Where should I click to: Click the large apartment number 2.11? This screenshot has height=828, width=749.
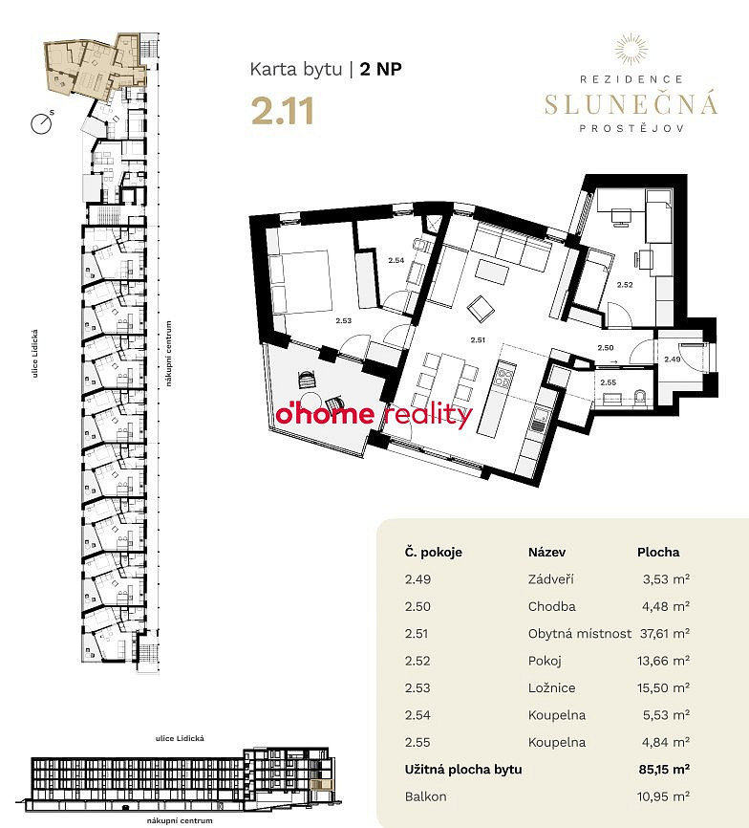283,112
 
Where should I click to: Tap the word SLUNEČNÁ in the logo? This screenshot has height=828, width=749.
631,103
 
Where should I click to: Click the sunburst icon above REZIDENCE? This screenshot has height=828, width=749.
631,49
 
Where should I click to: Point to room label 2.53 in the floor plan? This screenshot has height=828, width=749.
343,320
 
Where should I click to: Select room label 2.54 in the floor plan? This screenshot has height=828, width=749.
396,260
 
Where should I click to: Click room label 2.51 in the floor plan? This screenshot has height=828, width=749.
478,340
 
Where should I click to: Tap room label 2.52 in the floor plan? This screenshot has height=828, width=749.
625,285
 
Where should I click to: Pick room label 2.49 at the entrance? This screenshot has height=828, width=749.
672,360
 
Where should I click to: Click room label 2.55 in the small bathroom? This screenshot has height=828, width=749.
609,382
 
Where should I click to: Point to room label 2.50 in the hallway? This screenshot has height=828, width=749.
606,347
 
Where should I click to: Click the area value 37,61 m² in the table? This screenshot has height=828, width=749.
665,633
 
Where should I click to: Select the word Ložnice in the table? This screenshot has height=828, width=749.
552,687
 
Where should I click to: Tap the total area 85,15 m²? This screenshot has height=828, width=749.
664,769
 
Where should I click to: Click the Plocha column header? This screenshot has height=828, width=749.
658,553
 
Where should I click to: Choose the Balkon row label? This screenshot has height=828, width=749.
426,796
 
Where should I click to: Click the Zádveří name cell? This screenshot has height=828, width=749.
550,579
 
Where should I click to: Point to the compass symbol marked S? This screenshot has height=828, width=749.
42,124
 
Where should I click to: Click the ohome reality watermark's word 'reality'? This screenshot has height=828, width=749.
427,416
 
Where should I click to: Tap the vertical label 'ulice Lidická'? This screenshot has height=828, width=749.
35,353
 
